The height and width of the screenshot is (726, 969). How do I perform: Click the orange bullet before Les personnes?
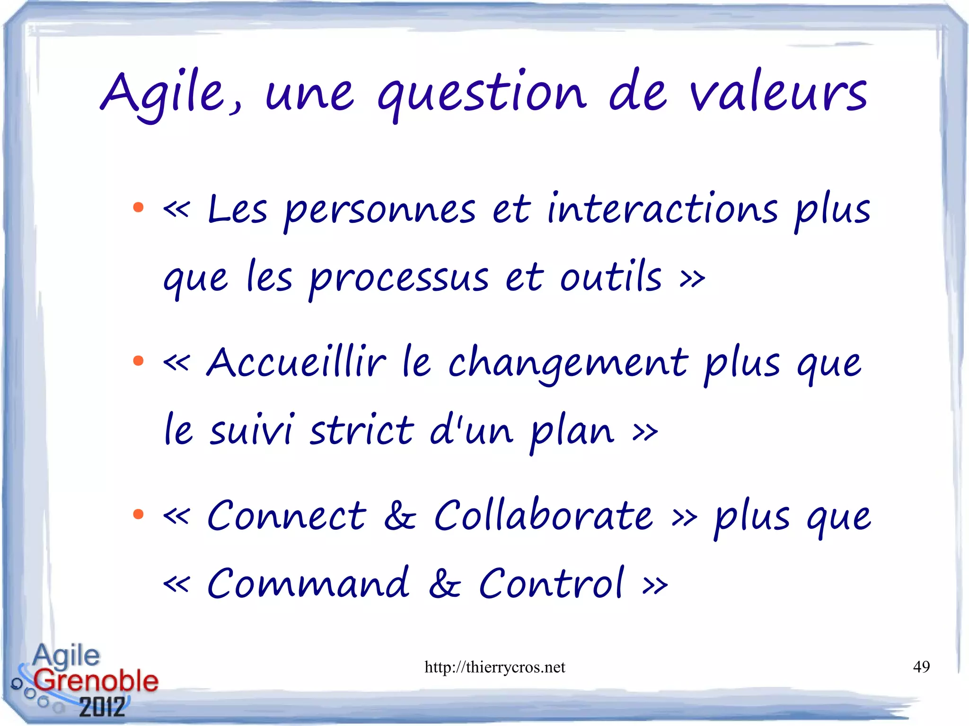(138, 207)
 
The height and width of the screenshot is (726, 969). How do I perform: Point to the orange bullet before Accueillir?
(138, 361)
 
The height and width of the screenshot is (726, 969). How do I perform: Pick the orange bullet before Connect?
(138, 514)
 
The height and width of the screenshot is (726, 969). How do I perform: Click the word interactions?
(662, 209)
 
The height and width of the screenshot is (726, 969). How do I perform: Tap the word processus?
(399, 278)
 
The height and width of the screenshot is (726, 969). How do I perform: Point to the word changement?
(568, 363)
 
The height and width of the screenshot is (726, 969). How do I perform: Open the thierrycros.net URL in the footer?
(494, 667)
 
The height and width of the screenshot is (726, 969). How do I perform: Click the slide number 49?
(921, 666)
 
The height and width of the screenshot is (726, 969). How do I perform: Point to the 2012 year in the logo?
(102, 707)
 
